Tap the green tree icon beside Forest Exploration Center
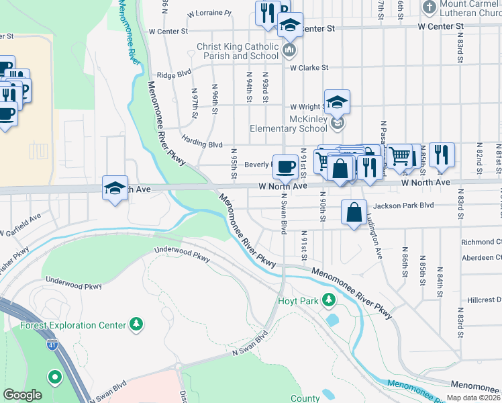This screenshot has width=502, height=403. click(x=136, y=325)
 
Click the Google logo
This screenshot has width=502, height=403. click(x=22, y=395)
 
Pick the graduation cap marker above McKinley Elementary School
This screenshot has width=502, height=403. click(x=337, y=102)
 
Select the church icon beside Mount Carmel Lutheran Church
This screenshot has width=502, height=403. click(x=430, y=7)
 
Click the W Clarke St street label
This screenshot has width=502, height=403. click(x=309, y=68)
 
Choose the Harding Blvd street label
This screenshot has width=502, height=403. click(x=201, y=144)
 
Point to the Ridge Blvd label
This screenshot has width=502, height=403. click(x=169, y=76)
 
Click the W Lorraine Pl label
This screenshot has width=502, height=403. click(x=209, y=13)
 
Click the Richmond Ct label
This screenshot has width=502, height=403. click(x=481, y=242)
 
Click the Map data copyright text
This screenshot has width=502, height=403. click(x=473, y=398)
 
